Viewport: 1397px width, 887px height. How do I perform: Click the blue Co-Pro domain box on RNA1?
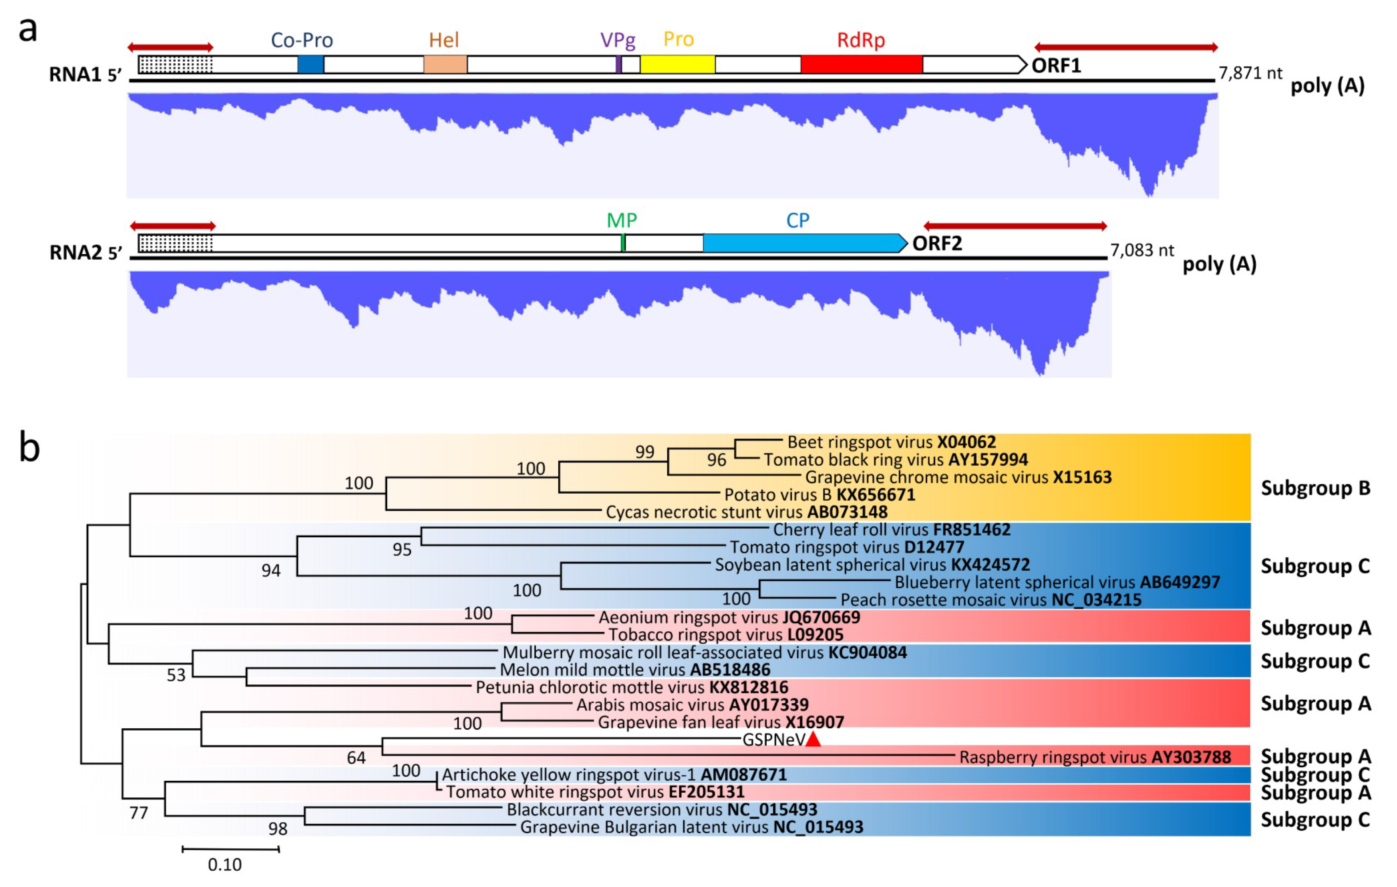(311, 64)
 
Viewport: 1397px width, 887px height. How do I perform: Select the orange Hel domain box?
(445, 64)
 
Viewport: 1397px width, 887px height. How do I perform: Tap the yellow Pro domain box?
(677, 64)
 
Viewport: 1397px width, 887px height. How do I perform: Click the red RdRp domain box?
(861, 64)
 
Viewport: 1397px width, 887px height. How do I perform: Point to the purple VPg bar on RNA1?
(618, 64)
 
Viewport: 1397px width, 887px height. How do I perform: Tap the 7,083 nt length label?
(1142, 251)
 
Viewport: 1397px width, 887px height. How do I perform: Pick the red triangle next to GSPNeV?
(813, 740)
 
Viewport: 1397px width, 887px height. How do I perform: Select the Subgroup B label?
(1315, 488)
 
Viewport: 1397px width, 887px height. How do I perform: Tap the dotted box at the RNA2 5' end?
(176, 243)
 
